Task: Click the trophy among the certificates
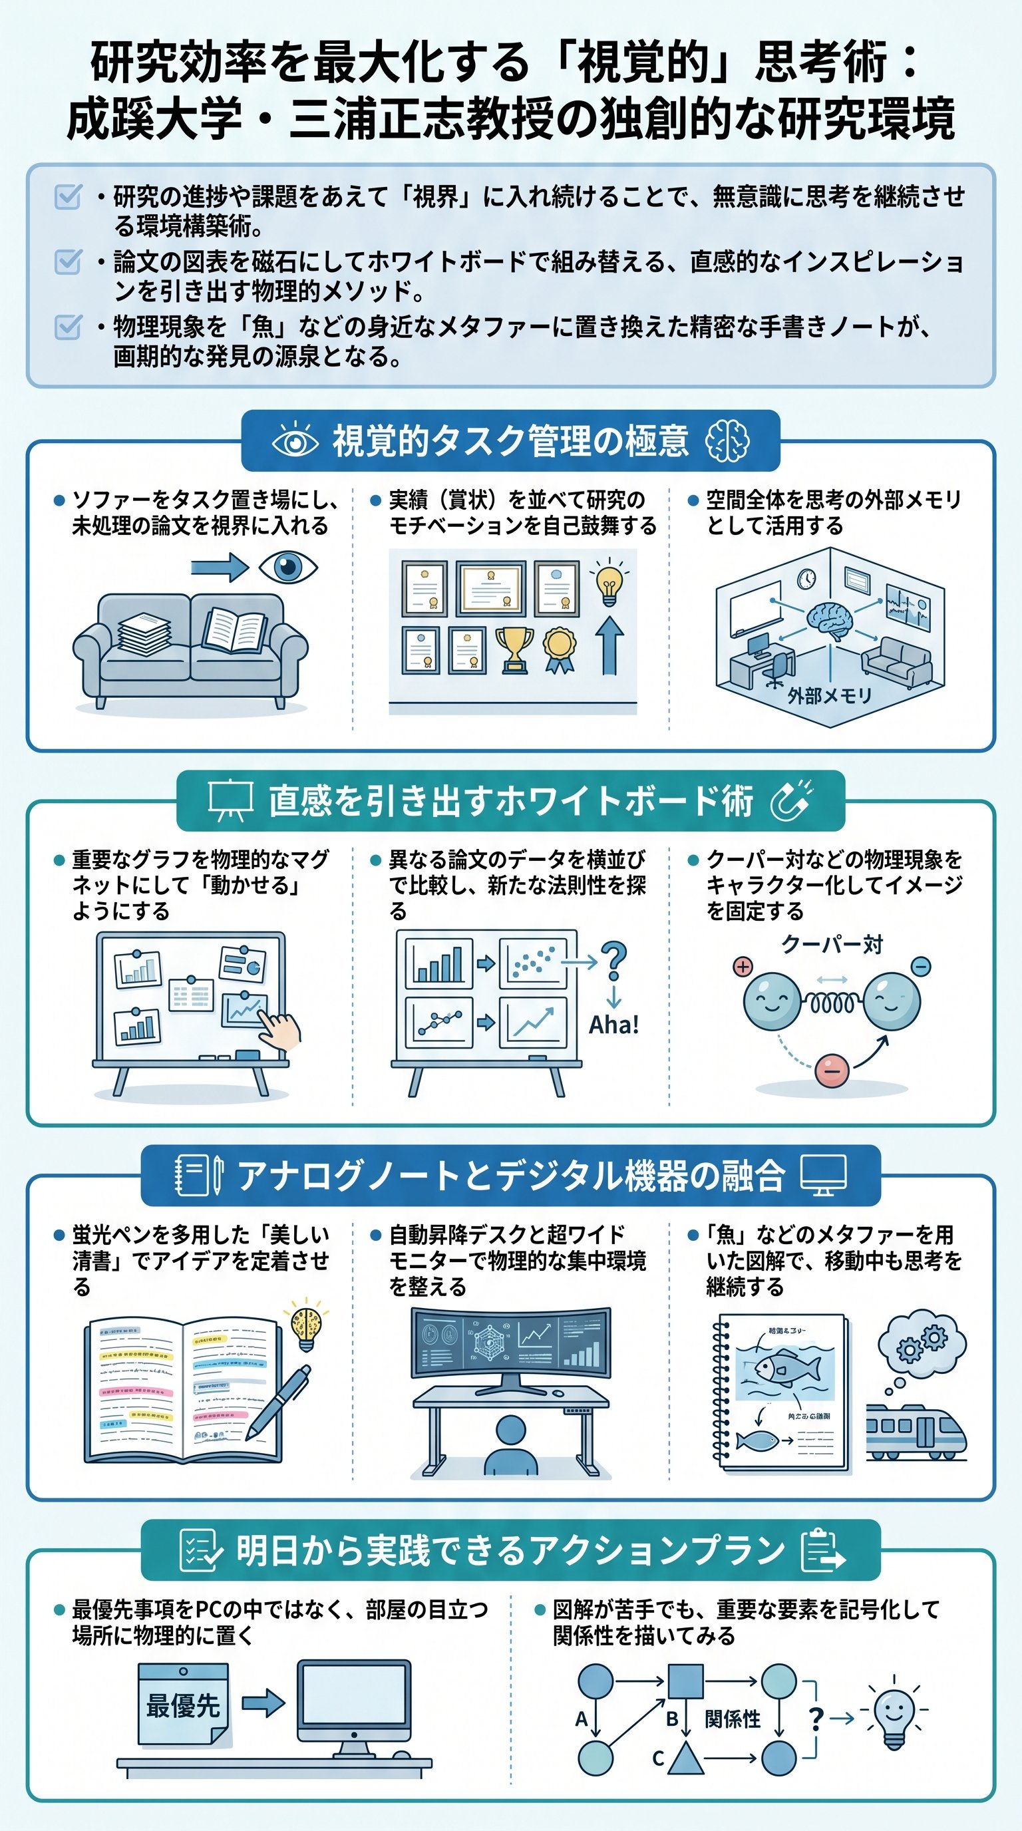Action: [x=513, y=649]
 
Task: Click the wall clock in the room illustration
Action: [x=805, y=579]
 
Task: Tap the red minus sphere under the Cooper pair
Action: [x=832, y=1071]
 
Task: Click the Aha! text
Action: [x=614, y=1024]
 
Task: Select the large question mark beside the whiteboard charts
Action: [x=613, y=961]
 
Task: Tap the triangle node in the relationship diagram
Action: [x=685, y=1757]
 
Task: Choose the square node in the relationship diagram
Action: [x=686, y=1682]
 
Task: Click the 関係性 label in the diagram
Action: [x=732, y=1719]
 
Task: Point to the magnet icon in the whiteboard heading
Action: [x=792, y=800]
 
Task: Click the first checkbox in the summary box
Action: [x=69, y=197]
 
